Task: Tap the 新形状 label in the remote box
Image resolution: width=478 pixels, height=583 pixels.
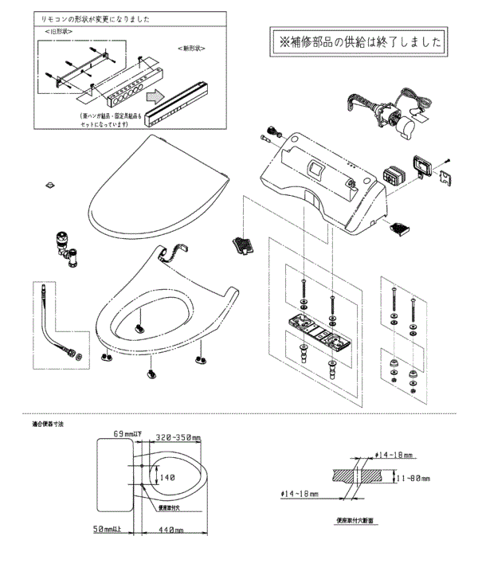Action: [192, 49]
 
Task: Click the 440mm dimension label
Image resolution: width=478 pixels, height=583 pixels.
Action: [170, 529]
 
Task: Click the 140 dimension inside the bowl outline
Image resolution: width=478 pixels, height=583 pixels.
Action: [167, 478]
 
